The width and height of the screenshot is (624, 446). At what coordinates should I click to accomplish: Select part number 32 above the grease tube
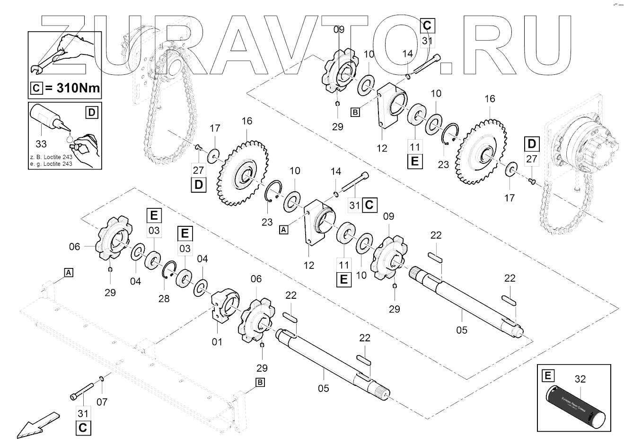pos(580,379)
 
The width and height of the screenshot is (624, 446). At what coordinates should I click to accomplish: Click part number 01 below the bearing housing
pos(217,341)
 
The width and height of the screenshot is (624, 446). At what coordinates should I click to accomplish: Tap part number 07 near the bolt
pos(102,402)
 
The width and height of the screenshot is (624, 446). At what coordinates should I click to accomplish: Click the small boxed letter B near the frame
pos(260,383)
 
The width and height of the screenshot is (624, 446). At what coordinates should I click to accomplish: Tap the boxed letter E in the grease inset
pos(548,376)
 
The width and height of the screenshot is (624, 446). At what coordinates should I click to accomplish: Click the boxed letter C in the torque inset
pos(35,88)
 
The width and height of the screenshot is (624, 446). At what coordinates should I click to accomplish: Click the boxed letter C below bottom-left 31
pos(82,428)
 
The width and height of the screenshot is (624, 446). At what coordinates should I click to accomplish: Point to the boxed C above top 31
pos(427,25)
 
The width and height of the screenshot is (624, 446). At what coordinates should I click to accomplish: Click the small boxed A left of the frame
pos(69,272)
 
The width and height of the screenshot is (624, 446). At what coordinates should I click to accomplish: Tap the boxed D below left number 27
pos(198,184)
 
